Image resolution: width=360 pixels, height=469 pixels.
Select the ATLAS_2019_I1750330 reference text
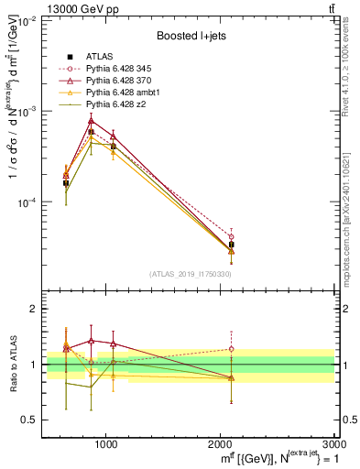click(190, 274)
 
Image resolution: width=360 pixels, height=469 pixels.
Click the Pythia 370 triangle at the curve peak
click(91, 120)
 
